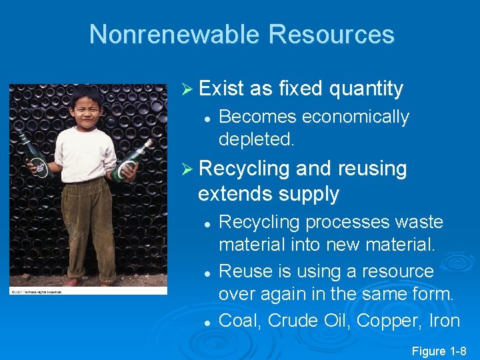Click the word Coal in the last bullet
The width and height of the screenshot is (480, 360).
coord(240,321)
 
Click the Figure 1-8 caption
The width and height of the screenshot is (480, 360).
coord(439,351)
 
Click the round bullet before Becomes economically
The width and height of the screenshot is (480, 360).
coord(208,118)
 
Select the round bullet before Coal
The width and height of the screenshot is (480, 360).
coord(208,322)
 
